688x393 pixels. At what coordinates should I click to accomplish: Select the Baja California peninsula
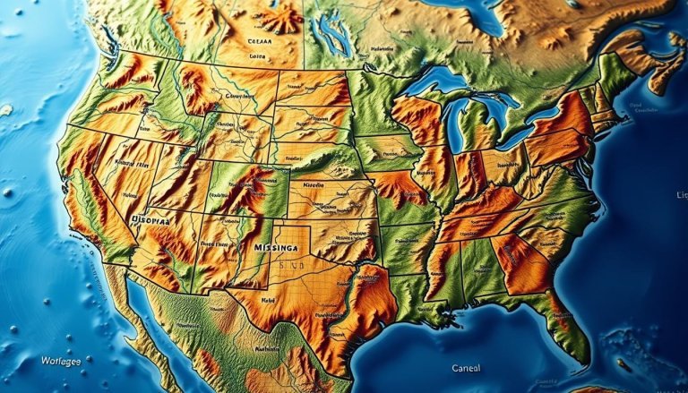tap(148, 322)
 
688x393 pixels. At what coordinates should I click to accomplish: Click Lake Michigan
tap(454, 121)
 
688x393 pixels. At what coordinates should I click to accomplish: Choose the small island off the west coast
tap(6, 110)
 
